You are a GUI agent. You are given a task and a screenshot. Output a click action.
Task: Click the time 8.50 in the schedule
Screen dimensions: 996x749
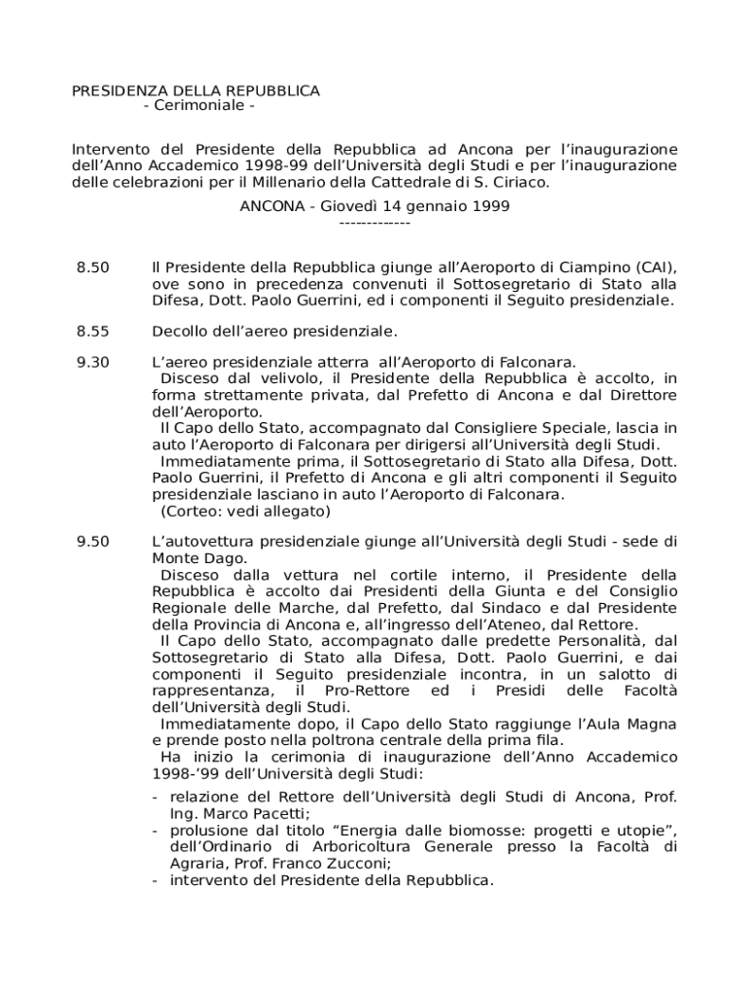(x=93, y=267)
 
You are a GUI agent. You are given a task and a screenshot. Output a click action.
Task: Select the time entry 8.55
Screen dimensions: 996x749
(x=93, y=332)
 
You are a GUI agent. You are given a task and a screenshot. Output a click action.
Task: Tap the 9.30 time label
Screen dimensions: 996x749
(x=93, y=362)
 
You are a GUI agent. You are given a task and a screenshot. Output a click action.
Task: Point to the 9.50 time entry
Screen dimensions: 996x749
(x=93, y=542)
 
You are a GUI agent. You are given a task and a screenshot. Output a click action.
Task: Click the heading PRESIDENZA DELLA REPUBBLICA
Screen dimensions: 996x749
(x=196, y=90)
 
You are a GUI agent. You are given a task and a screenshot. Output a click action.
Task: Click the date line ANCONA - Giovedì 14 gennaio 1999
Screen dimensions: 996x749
(x=374, y=206)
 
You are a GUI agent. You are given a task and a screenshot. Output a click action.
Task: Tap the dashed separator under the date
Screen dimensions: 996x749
(x=374, y=223)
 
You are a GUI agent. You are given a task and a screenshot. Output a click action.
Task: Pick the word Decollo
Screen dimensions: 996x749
(x=181, y=332)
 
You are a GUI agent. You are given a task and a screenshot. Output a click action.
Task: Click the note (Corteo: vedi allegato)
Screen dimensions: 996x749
(x=245, y=512)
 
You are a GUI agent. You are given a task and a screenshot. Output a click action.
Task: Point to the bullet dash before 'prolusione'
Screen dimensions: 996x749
(x=157, y=830)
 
